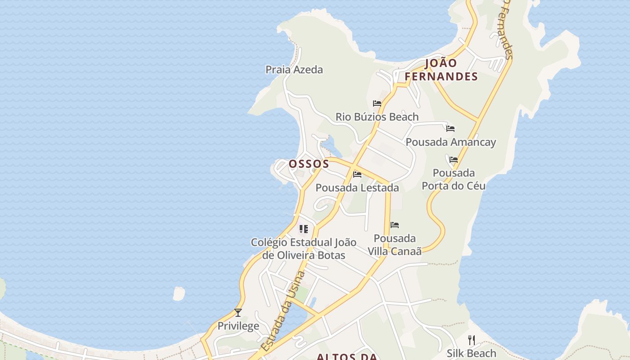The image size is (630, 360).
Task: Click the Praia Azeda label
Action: (x=294, y=70)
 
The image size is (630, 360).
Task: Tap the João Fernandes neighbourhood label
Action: (x=441, y=70)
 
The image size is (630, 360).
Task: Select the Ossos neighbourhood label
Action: (x=309, y=164)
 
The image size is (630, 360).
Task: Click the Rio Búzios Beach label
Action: (x=377, y=117)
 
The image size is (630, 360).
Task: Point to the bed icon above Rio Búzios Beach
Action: (x=377, y=103)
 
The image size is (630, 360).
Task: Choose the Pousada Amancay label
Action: (x=451, y=142)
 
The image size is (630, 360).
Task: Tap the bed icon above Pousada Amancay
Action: (x=450, y=129)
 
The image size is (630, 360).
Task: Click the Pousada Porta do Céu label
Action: (x=454, y=179)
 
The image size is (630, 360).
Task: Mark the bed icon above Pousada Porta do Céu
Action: (x=454, y=160)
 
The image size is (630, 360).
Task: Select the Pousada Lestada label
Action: (x=357, y=188)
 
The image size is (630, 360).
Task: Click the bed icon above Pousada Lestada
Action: (x=357, y=174)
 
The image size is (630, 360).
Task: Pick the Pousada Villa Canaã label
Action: (x=395, y=245)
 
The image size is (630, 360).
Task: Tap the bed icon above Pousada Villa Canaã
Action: (x=395, y=225)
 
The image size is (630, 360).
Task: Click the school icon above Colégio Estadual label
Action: (x=304, y=229)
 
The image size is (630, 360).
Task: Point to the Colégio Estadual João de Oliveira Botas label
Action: (x=304, y=249)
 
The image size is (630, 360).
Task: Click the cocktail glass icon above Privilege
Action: (x=238, y=313)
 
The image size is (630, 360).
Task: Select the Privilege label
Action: (x=238, y=326)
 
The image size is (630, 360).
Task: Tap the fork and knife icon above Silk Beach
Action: (x=472, y=340)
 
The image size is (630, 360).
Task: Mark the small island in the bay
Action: (x=179, y=293)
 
